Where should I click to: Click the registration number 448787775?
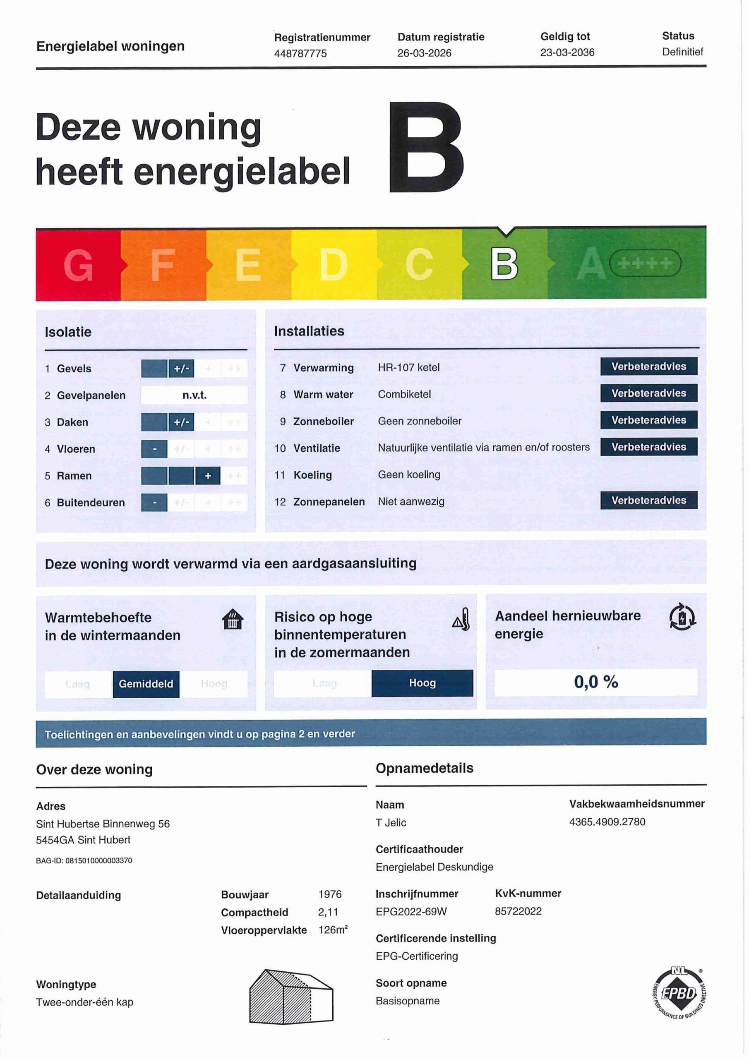[300, 53]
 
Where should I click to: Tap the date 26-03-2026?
[424, 53]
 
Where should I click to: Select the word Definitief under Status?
[682, 52]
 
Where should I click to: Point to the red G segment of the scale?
[79, 265]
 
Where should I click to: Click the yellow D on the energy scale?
[333, 265]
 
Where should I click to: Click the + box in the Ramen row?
[208, 476]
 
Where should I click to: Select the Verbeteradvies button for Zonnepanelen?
[648, 501]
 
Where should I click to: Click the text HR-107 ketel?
[408, 368]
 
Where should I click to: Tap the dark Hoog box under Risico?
[422, 683]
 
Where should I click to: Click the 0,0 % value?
[595, 682]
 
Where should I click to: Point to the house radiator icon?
[233, 619]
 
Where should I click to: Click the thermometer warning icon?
[461, 619]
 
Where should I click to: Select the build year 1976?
[329, 894]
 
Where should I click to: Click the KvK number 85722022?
[518, 911]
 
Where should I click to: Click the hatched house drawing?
[291, 996]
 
